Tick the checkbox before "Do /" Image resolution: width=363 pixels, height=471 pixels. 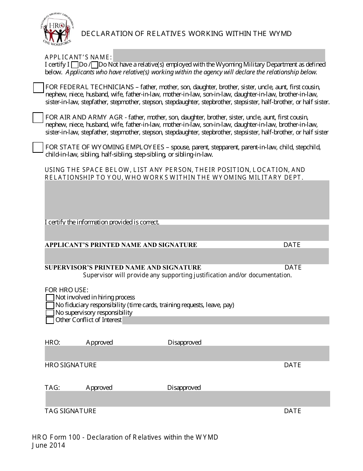[75, 65]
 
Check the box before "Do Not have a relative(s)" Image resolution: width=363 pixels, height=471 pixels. [95, 65]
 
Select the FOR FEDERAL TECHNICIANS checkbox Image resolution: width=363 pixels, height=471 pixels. [38, 88]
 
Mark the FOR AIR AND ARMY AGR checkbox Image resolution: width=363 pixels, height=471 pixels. [38, 118]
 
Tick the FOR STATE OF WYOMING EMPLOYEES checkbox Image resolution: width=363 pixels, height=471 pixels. [38, 147]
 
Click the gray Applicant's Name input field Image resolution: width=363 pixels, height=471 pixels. [219, 55]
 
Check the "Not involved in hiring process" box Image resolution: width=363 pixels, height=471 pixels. [50, 298]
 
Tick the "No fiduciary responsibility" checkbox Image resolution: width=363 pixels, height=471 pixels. [50, 305]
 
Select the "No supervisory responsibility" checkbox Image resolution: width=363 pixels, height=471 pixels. [50, 313]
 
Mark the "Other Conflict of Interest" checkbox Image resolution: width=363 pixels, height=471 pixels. [50, 321]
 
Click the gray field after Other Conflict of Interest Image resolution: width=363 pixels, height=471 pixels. [225, 321]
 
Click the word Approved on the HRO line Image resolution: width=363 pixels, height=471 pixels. [99, 342]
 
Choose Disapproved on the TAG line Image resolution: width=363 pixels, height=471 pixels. [184, 388]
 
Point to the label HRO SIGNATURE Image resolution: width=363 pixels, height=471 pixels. [71, 365]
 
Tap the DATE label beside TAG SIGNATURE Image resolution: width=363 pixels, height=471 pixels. [292, 411]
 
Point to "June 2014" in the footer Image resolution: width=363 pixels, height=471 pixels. [49, 445]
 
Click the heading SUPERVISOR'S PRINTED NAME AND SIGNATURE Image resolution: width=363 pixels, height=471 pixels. [123, 268]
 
